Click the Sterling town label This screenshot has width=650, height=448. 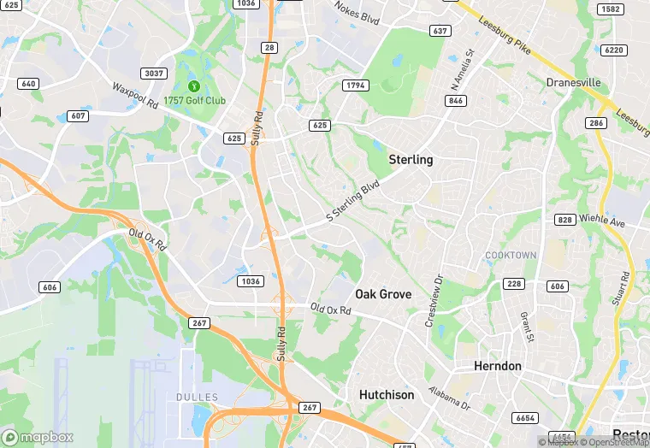click(x=411, y=160)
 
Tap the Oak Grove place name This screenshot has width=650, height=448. click(x=383, y=294)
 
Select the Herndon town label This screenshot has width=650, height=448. click(x=498, y=366)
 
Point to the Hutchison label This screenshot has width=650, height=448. click(x=386, y=395)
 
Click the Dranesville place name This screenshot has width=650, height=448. click(x=573, y=83)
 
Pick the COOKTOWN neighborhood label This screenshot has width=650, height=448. click(x=511, y=256)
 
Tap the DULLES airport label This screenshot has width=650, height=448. click(x=197, y=398)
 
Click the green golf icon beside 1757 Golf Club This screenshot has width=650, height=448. click(x=194, y=85)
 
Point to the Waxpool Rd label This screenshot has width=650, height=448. click(x=135, y=95)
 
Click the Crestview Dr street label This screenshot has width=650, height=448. click(x=434, y=300)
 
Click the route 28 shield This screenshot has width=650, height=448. click(x=269, y=48)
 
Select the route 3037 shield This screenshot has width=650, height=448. click(x=154, y=74)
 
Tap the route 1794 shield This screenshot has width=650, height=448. click(x=355, y=85)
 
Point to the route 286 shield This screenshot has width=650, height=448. click(x=596, y=123)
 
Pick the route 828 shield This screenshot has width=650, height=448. click(x=564, y=220)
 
